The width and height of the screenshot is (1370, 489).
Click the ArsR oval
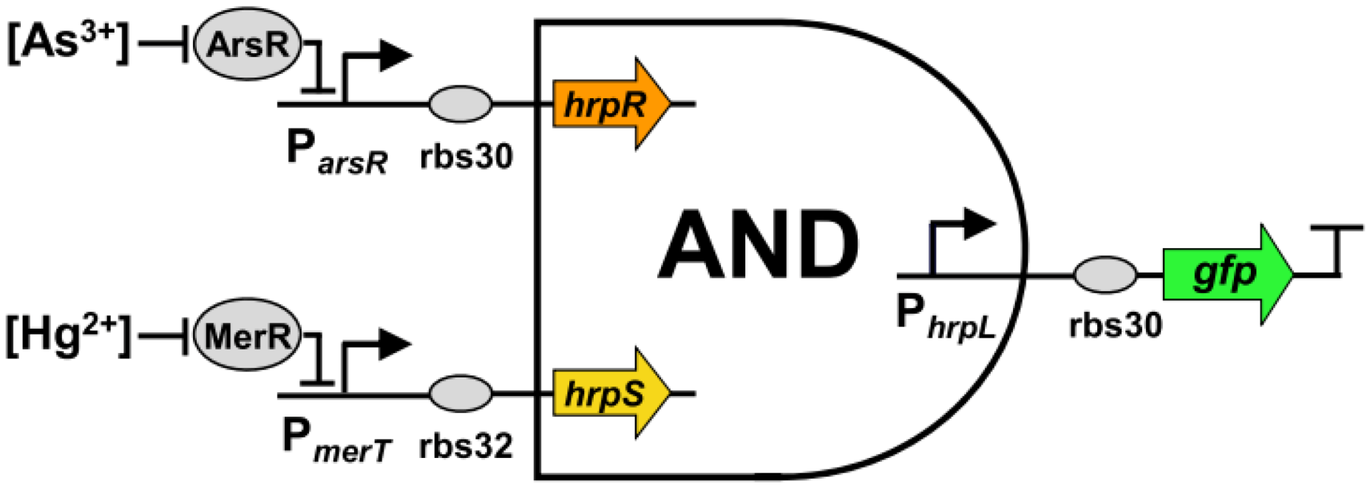(248, 46)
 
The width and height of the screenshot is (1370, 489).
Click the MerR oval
(248, 337)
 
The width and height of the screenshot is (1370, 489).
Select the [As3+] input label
(68, 43)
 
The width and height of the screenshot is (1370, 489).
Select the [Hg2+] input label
(68, 335)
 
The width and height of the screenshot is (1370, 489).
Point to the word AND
(758, 244)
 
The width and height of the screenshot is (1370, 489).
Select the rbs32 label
(466, 446)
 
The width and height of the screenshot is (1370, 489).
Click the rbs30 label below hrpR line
(466, 156)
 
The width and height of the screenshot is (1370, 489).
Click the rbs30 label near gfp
(1115, 324)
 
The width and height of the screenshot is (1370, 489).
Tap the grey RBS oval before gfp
(1105, 275)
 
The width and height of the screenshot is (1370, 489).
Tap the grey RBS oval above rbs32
(460, 394)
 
